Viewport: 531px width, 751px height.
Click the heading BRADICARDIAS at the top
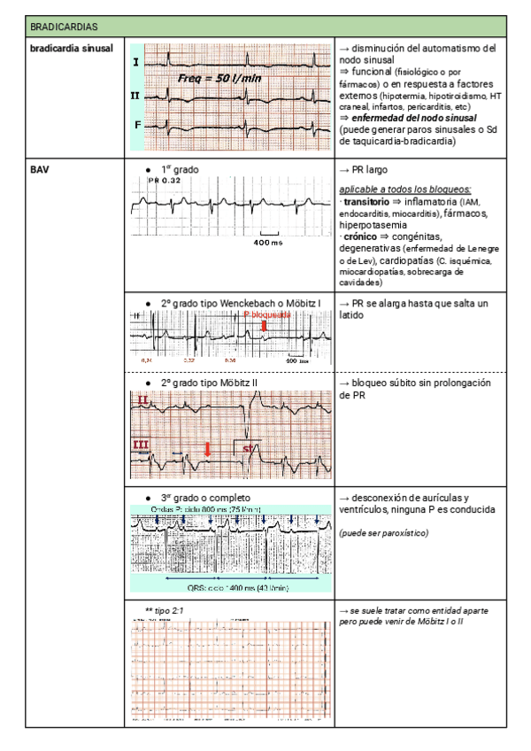tap(59, 28)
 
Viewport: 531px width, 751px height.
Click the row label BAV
tap(38, 168)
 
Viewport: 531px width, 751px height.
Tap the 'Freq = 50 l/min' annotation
tap(217, 79)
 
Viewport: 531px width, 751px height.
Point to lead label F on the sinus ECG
tap(137, 125)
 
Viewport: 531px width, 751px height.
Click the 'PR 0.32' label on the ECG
tap(165, 181)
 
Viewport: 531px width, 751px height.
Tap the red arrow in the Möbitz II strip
tap(206, 450)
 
